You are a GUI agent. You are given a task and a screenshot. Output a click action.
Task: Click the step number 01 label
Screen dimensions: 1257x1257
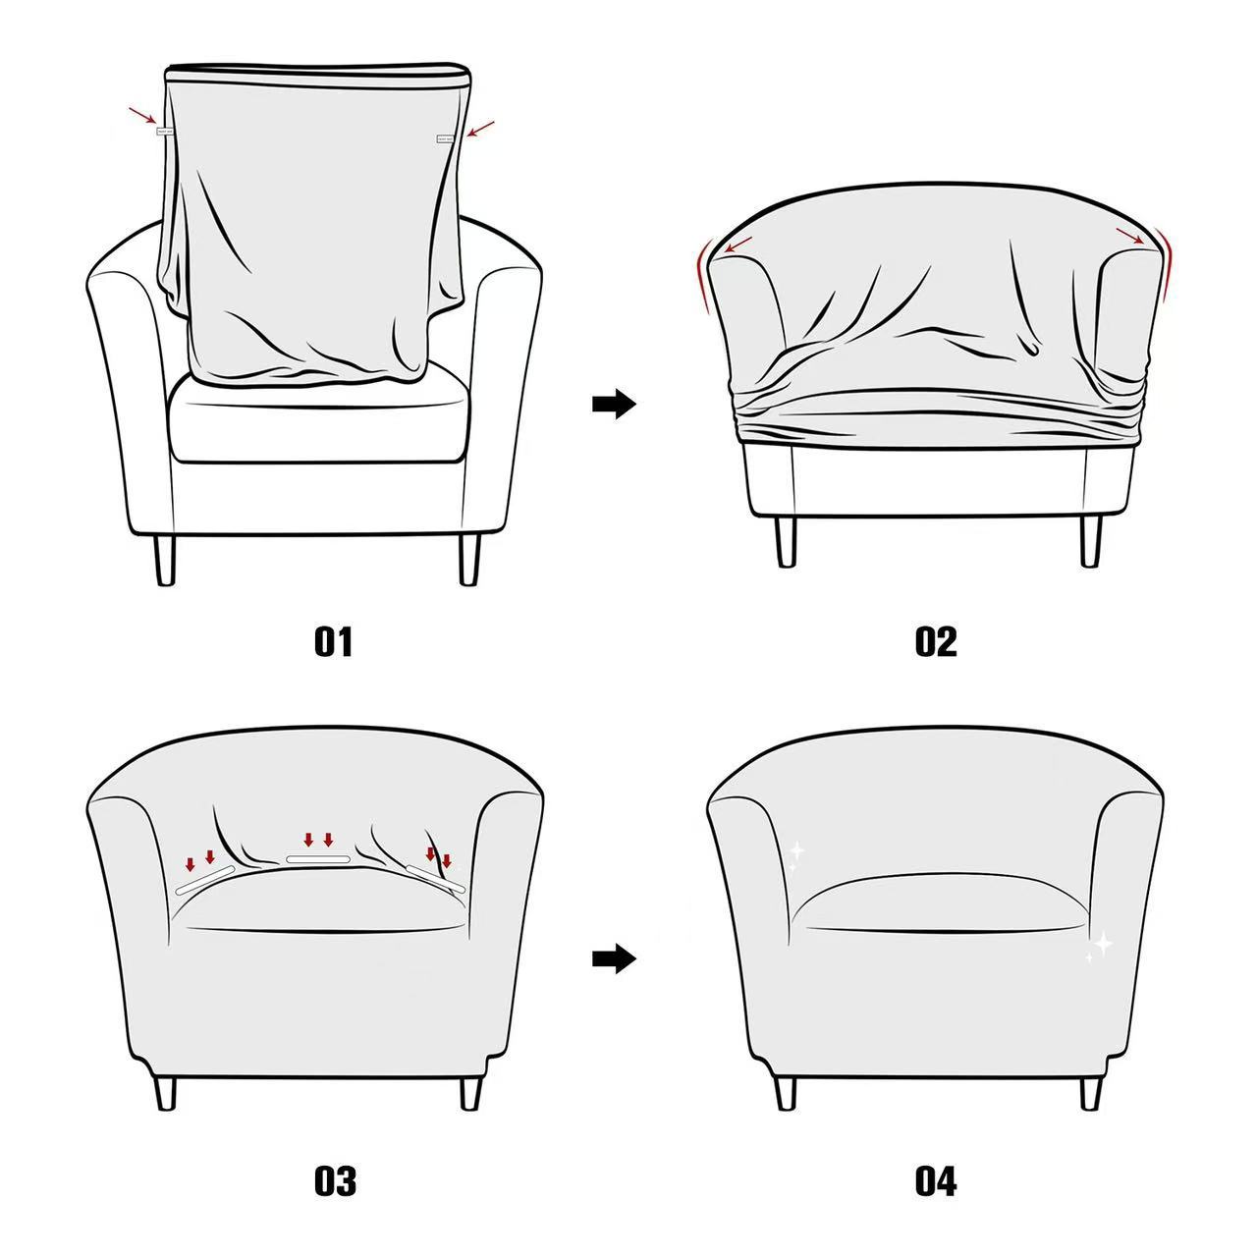pos(333,642)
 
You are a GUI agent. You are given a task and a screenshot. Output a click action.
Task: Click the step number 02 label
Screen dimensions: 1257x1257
pos(935,642)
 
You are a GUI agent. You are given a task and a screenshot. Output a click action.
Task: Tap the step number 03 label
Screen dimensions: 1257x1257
pos(334,1180)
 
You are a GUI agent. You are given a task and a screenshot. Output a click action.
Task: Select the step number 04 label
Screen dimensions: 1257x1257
pos(935,1180)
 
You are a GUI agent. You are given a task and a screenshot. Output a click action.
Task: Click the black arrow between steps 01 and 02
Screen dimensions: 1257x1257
pos(615,404)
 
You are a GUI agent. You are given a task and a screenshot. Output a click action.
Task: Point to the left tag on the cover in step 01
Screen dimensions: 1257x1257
pos(164,130)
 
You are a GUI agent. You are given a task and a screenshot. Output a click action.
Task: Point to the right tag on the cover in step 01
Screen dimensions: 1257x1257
pos(445,138)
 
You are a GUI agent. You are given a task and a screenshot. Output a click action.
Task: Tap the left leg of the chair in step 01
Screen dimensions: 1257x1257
pos(165,560)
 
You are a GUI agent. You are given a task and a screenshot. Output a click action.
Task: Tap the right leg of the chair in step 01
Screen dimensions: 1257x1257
pos(469,560)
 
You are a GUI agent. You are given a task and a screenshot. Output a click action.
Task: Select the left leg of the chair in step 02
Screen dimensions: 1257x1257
pos(786,541)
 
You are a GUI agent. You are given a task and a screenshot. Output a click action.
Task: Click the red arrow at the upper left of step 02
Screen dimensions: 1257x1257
pos(738,243)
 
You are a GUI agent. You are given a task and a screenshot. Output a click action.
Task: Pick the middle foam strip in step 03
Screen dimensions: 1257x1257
pos(317,859)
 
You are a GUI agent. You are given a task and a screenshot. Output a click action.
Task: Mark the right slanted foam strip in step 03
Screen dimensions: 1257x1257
pos(435,880)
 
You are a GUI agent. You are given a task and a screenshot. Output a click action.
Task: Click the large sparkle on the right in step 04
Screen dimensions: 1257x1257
pos(1103,945)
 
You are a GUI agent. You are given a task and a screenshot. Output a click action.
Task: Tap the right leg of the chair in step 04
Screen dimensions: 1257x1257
pos(1090,1092)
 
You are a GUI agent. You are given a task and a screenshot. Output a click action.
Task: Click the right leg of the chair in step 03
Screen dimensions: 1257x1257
pos(469,1092)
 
